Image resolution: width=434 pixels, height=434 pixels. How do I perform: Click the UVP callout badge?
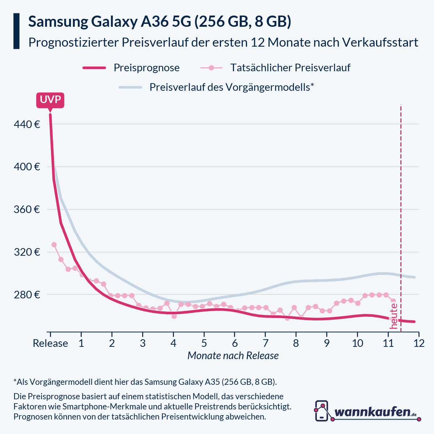50,100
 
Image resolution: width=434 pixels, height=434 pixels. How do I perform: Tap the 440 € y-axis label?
27,124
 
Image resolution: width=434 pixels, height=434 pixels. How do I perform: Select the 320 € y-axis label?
27,252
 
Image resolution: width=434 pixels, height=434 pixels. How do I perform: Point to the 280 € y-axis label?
27,295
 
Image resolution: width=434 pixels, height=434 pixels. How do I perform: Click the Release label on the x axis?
50,343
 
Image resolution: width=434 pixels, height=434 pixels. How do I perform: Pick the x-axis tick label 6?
235,343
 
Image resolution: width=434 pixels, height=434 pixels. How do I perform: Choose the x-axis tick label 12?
419,343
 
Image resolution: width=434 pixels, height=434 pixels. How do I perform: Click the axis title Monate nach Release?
233,356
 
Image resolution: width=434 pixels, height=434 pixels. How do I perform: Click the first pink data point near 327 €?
54,245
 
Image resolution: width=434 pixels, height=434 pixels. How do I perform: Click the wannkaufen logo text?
373,412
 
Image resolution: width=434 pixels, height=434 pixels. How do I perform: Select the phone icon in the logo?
322,411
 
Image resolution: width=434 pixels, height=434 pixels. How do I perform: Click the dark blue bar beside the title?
16,31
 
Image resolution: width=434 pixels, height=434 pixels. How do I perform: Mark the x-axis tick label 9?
327,343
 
